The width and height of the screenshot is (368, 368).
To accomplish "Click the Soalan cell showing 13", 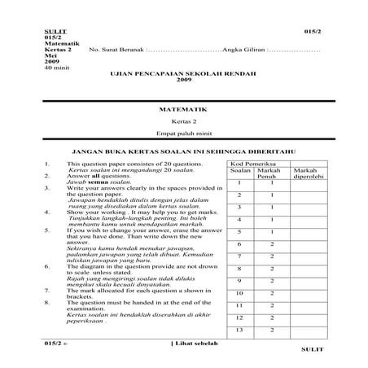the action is point(239,330).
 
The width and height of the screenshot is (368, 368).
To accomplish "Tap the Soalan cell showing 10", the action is point(239,293).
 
